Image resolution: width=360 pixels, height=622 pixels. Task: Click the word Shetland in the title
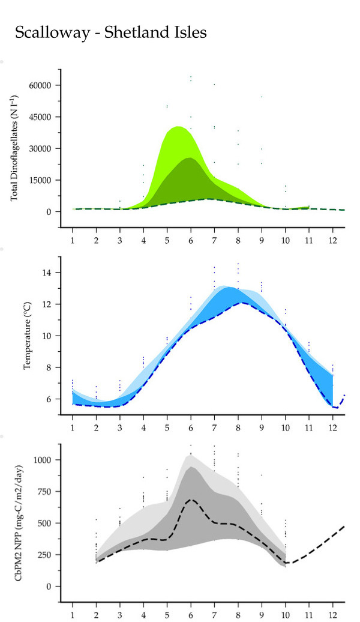click(x=139, y=33)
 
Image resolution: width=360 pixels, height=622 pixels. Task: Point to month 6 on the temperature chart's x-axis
click(x=190, y=427)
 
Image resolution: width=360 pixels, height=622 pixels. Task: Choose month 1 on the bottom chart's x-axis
click(x=72, y=614)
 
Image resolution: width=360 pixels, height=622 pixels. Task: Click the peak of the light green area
click(x=178, y=127)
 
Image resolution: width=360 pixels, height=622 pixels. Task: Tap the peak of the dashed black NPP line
click(x=191, y=500)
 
